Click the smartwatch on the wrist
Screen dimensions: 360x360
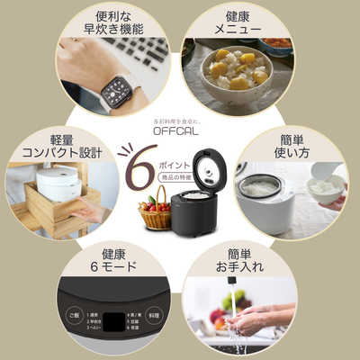115,90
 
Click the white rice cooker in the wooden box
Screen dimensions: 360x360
58,184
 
